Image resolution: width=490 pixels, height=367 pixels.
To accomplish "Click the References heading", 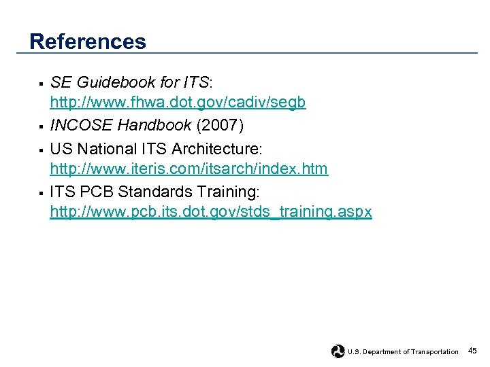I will (x=88, y=41).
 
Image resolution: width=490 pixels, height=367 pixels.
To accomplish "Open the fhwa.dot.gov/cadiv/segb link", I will (x=178, y=103).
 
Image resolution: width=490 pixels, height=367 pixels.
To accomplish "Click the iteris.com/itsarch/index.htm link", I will (x=189, y=168).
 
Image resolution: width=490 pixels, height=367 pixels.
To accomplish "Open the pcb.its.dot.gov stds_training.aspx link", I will (x=211, y=212).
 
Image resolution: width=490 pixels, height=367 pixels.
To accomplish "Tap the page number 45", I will (x=472, y=351).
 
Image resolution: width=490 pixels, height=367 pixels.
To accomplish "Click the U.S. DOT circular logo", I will (x=338, y=351).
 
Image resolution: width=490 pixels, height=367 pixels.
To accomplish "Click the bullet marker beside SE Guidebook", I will (x=41, y=84).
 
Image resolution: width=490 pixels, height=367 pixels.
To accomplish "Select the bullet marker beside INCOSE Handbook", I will (x=41, y=127).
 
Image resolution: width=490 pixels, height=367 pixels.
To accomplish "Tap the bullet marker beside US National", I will (x=41, y=149).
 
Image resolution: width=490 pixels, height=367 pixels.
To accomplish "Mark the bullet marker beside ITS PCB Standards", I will (x=41, y=192).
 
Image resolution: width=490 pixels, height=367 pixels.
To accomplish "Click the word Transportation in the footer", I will (x=435, y=351).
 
